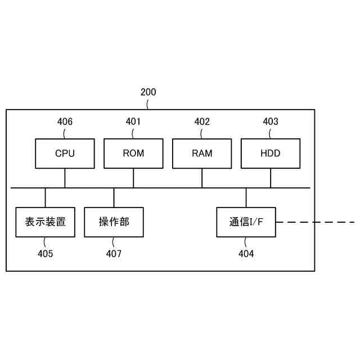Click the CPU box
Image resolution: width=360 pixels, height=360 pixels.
65,154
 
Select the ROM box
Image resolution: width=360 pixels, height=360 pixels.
133,154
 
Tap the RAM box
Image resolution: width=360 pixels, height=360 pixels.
202,154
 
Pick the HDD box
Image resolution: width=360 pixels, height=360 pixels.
271,154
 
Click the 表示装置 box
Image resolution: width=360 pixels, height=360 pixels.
46,222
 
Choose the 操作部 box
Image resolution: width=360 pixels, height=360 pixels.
114,222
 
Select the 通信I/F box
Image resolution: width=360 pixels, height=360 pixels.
246,222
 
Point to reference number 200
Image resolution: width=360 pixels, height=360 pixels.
148,92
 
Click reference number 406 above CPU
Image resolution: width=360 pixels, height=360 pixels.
65,121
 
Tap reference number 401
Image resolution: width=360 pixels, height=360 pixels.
133,121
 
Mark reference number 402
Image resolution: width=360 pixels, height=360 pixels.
202,121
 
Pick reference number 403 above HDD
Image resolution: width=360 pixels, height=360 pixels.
271,121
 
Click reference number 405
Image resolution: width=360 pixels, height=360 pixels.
46,254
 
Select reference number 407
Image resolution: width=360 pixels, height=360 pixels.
114,254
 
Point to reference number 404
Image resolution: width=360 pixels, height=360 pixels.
246,254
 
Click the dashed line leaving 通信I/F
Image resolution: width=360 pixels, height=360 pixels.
315,222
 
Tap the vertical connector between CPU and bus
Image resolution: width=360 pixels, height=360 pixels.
65,178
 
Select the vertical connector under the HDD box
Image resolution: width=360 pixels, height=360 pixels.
271,178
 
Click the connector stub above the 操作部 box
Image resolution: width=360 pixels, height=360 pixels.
114,197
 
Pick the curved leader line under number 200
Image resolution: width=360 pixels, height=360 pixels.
148,103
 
